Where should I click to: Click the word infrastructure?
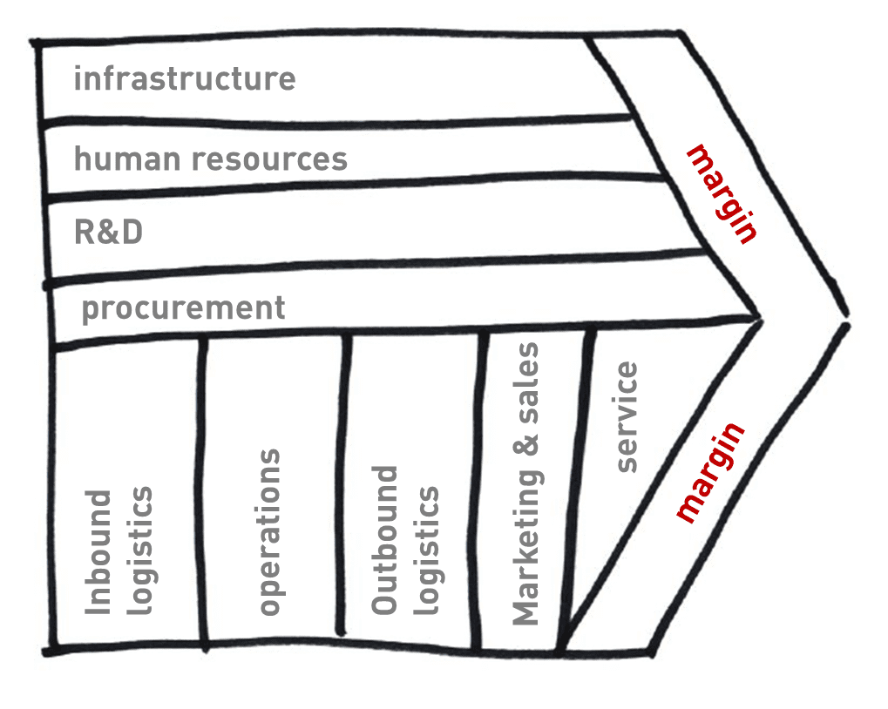coord(184,79)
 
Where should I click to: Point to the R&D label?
coord(108,233)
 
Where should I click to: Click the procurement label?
coord(183,308)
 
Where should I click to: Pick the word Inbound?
coord(100,553)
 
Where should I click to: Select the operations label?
coord(270,532)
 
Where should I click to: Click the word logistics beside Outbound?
coord(425,550)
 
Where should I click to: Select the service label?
coord(627,417)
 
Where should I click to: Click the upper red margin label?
coord(722,193)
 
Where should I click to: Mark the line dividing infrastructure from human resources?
coord(331,122)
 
